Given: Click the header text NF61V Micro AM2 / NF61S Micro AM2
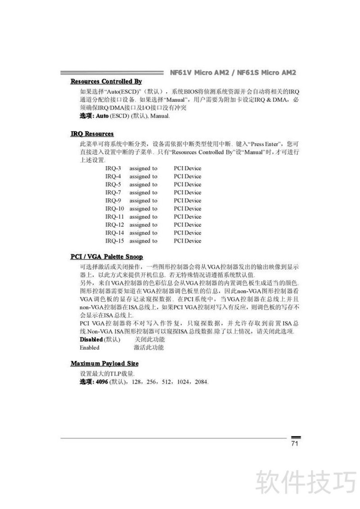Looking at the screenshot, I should [233, 72].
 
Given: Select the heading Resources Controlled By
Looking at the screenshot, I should [106, 81].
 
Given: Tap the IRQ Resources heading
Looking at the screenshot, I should [92, 134].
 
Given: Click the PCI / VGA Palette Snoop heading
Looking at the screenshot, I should [107, 257].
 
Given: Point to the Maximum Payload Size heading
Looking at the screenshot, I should [104, 363].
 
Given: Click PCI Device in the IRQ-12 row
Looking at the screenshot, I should [187, 225].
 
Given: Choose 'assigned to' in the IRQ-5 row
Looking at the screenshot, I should [143, 185].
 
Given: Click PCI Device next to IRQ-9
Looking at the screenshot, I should [187, 201].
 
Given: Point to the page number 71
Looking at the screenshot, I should [295, 444].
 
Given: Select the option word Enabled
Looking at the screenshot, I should [90, 347].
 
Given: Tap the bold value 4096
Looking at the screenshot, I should [96, 382].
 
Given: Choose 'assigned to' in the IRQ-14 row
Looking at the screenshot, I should [143, 233].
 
